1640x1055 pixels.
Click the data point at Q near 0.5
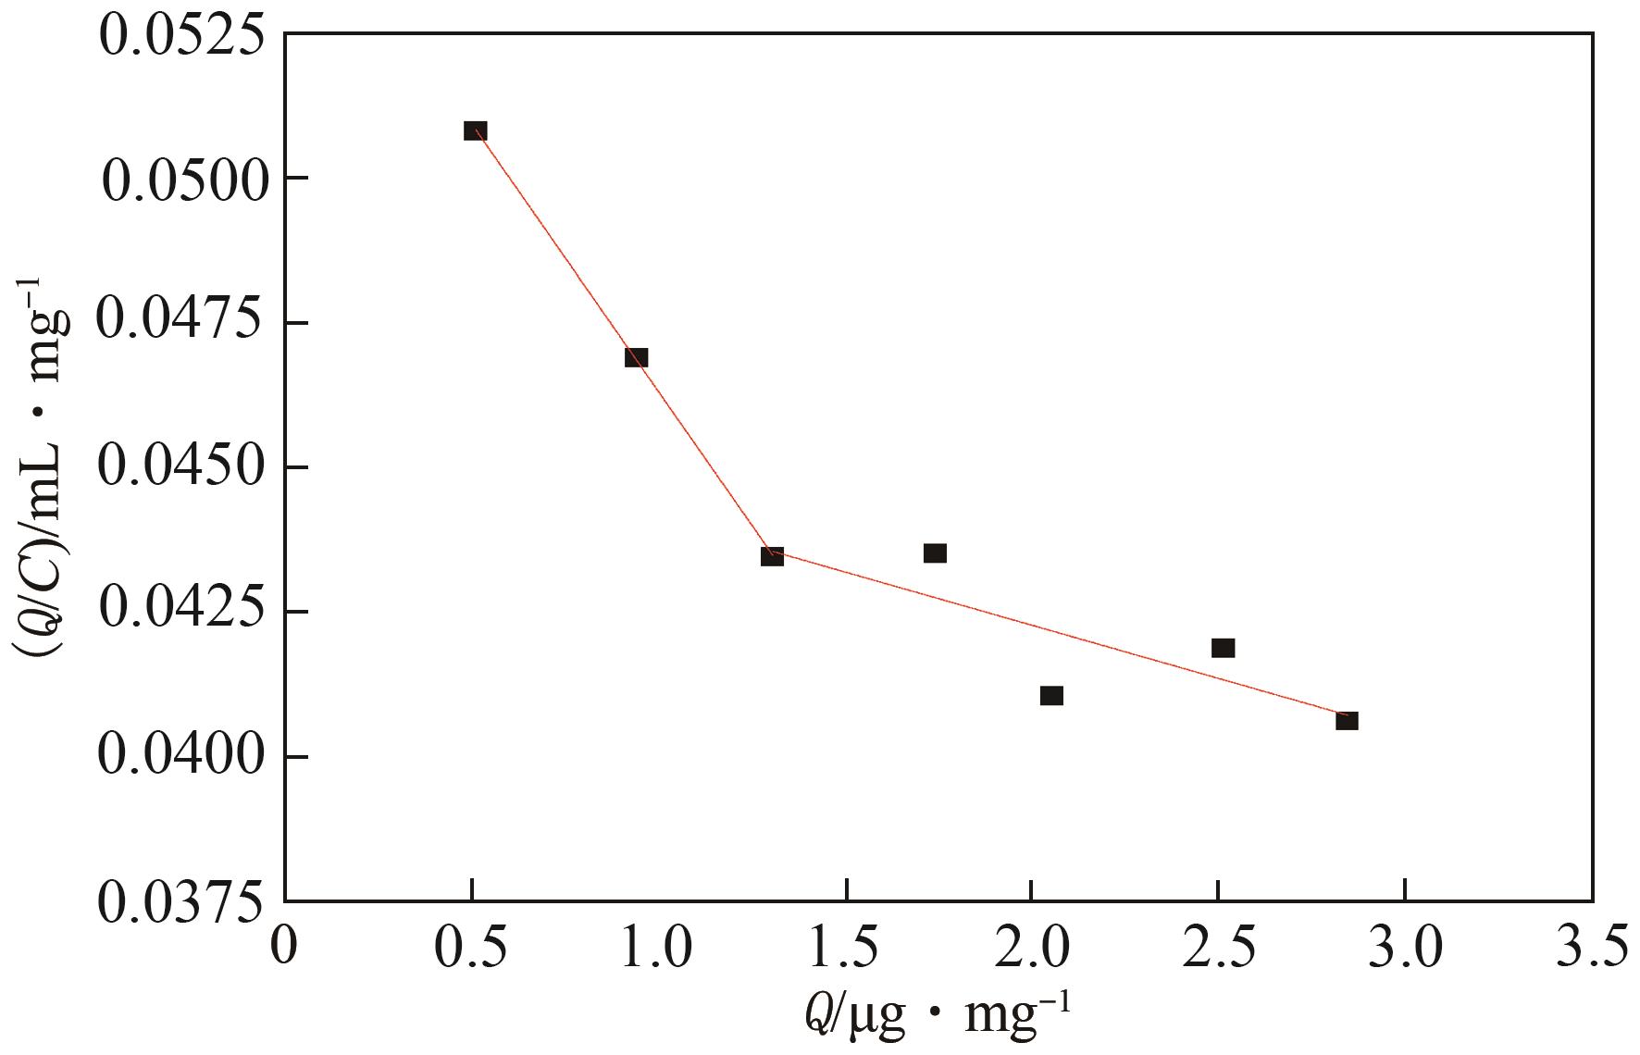pos(475,130)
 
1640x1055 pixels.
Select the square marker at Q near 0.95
pos(636,357)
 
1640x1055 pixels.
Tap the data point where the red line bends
pos(772,556)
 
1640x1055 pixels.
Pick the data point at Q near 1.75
pos(935,553)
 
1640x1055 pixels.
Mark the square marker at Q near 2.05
pos(1051,695)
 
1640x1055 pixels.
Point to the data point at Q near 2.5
pos(1223,648)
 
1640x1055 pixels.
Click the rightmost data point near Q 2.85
pos(1347,720)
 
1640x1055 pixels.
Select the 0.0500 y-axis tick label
pos(181,179)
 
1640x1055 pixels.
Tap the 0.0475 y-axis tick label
pos(181,323)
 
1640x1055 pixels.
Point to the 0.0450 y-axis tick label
pos(181,467)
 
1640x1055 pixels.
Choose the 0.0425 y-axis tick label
pos(181,612)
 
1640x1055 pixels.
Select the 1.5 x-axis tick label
pos(845,949)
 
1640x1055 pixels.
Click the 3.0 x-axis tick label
pos(1404,949)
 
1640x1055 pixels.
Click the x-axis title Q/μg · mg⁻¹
pos(937,1018)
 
